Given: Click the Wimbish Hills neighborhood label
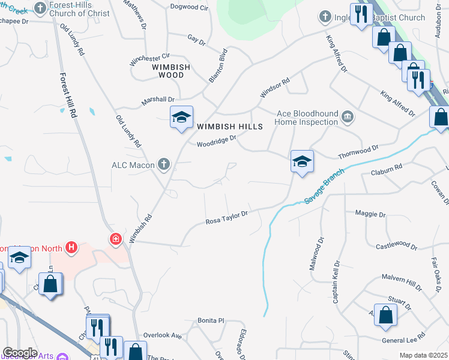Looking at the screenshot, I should [x=229, y=127].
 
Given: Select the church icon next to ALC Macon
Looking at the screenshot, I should [x=163, y=164].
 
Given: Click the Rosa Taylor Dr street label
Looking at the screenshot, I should [x=227, y=217].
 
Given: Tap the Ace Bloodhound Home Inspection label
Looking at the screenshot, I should [x=306, y=118].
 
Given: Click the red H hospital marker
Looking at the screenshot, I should [x=71, y=247].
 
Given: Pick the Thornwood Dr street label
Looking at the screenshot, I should [x=358, y=152].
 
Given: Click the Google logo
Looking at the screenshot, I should [x=20, y=353].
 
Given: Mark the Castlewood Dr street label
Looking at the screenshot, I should [x=396, y=246].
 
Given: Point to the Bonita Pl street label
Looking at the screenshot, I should [x=211, y=321].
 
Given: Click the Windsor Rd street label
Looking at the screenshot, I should [x=275, y=88].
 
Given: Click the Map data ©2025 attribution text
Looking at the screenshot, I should [x=423, y=355].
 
